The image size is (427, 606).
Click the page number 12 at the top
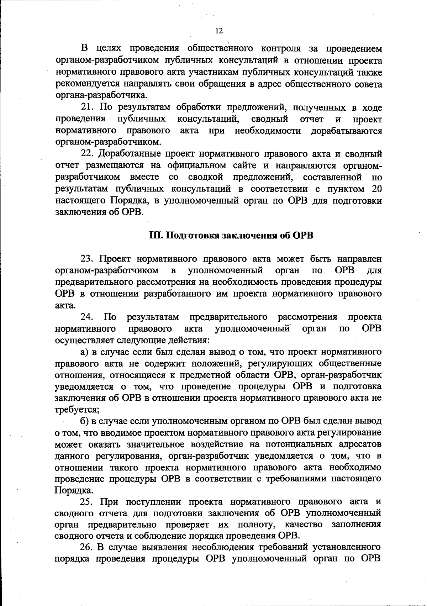(219, 31)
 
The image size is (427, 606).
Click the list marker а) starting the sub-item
(84, 352)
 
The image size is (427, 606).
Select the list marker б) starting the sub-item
(84, 421)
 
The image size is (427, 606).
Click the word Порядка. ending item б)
(69, 490)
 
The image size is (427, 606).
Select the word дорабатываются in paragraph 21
(347, 131)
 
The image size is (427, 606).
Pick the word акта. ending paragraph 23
(65, 305)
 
